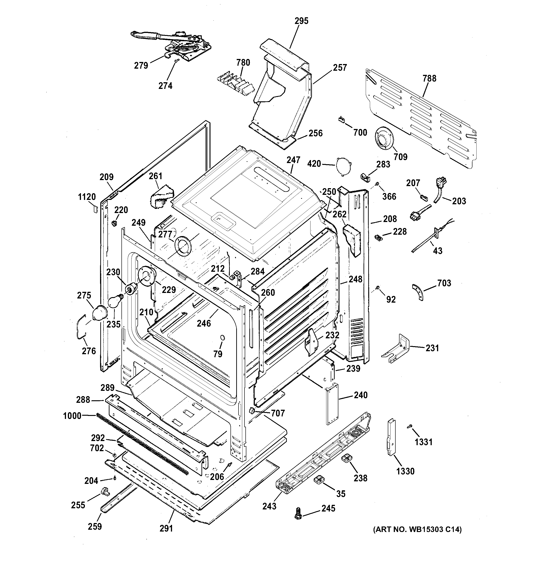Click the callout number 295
[x=301, y=21]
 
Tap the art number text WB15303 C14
[x=417, y=529]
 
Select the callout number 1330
[x=405, y=471]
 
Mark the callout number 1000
[x=72, y=415]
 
